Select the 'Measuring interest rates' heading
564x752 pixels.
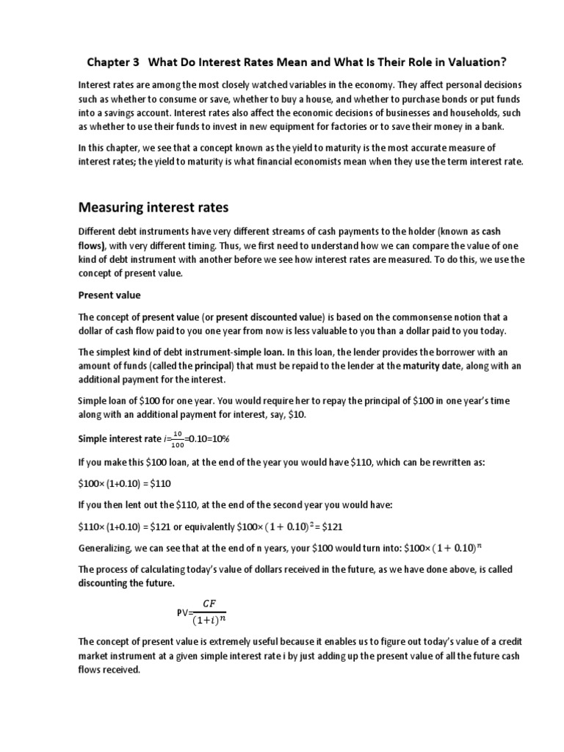pos(155,198)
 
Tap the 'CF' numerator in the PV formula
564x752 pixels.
pos(211,604)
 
